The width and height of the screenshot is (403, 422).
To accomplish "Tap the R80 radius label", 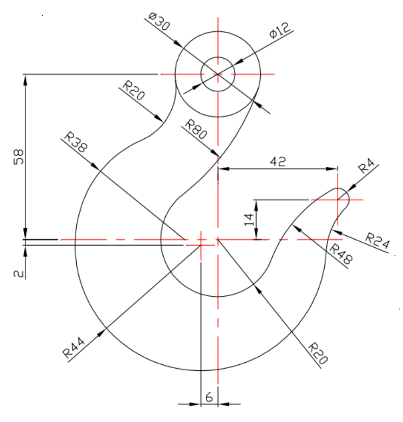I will pos(196,130).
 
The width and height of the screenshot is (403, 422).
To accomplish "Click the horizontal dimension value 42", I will pos(277,161).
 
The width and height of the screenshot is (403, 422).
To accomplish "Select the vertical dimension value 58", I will pos(18,159).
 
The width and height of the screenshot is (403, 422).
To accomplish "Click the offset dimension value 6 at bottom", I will pos(209,397).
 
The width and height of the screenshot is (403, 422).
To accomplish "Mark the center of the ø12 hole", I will pos(218,74).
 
